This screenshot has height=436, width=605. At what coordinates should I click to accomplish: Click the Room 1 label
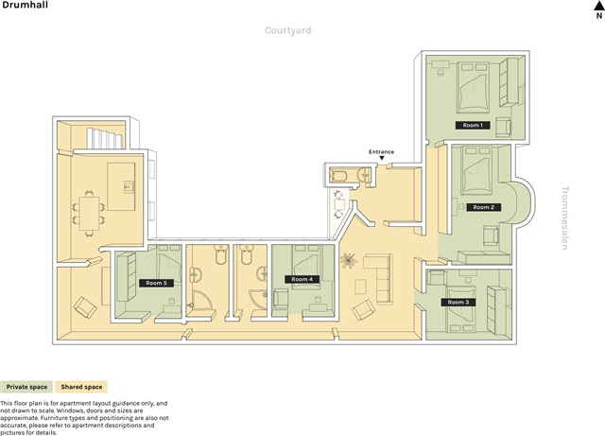coord(473,125)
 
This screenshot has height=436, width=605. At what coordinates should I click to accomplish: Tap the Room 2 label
coord(483,207)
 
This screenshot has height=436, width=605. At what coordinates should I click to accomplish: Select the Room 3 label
coord(458,302)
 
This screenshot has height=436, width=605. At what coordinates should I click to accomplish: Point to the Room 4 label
coord(302,279)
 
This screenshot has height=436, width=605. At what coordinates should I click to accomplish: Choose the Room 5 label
coord(156,283)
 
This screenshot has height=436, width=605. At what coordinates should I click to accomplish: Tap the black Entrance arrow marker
coord(382,158)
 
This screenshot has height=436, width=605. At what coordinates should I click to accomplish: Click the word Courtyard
coord(287,30)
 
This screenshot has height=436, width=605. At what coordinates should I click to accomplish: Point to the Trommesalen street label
coord(565,218)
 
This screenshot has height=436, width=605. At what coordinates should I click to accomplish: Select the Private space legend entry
coord(26,387)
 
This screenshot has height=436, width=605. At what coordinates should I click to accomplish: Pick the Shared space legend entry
coord(81,387)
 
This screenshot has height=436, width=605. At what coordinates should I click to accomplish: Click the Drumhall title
coord(26,5)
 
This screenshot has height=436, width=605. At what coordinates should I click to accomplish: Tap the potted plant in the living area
coord(349,261)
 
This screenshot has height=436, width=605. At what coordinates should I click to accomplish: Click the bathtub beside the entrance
coord(338,175)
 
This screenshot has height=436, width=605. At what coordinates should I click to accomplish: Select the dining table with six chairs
coord(89,213)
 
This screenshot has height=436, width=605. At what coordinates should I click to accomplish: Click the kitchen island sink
coord(129,187)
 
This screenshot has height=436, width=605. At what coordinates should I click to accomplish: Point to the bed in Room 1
coord(473,88)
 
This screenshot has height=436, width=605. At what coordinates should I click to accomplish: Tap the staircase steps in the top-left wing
coord(105,139)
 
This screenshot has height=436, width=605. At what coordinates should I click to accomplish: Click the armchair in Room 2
coord(491,235)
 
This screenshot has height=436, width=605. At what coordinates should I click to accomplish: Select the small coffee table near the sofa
coord(360,288)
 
